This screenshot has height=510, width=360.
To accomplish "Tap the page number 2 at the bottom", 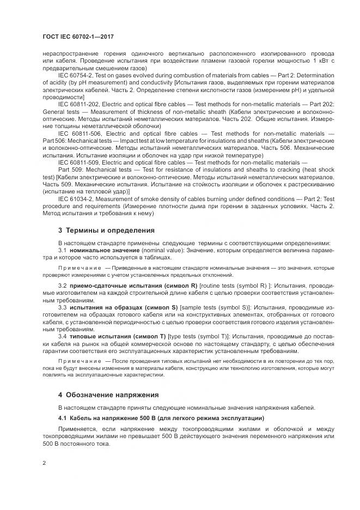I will point(44,463).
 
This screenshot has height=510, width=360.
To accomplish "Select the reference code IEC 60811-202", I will point(79,104).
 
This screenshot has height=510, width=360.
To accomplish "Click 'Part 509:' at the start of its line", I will point(70,169).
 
